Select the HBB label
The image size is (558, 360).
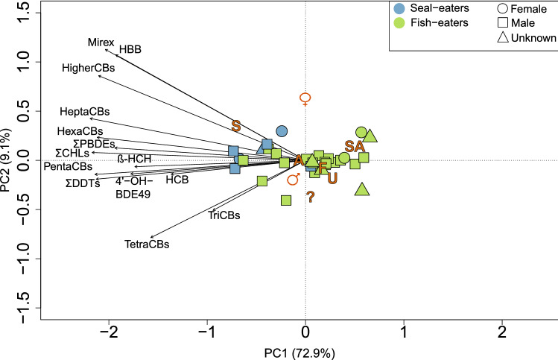coord(130,50)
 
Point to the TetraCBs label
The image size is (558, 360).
coord(147,244)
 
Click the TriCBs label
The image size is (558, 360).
coord(226,215)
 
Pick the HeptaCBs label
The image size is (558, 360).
coord(85,112)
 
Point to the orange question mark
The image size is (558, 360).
coord(310,198)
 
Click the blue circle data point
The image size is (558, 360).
coord(282,131)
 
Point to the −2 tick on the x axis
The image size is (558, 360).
coord(109,329)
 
